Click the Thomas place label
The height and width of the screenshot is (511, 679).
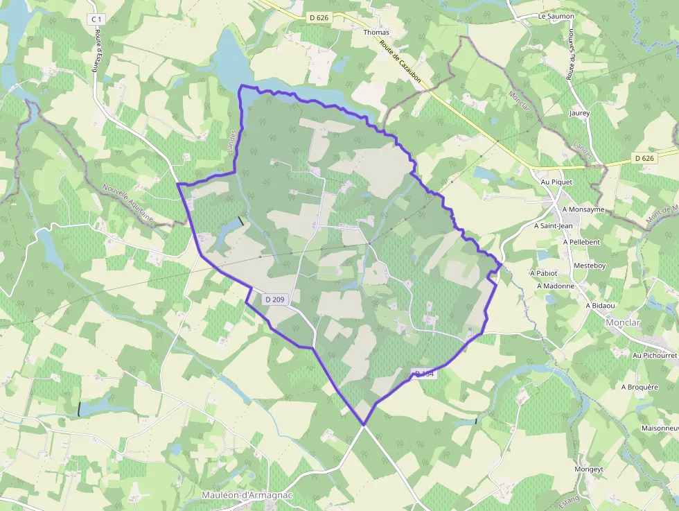click(376, 33)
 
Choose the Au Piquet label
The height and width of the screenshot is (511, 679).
click(556, 182)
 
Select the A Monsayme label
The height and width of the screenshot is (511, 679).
click(583, 209)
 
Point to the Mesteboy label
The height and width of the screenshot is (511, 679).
click(590, 266)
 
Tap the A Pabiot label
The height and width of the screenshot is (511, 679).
click(543, 273)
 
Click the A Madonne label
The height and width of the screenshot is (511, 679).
click(549, 286)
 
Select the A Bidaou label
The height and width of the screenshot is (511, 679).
click(602, 305)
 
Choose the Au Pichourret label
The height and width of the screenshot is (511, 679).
click(654, 355)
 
